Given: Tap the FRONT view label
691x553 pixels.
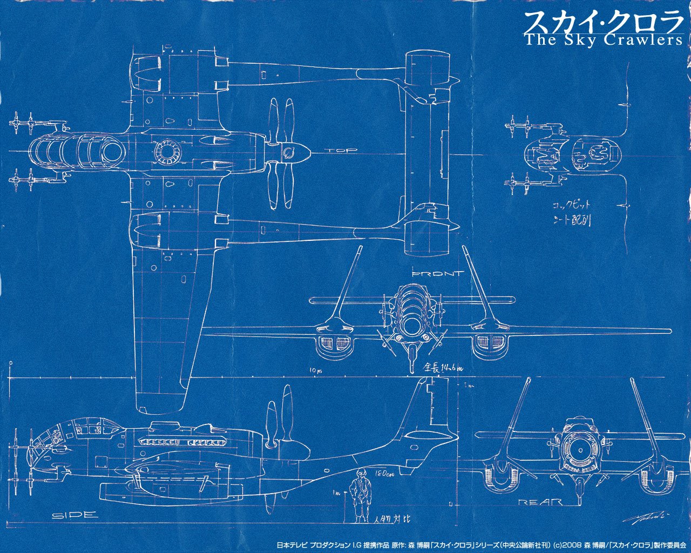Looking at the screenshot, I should coord(437,274).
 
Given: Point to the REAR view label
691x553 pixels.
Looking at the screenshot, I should coord(539,502).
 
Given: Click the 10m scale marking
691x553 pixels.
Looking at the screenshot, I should coord(316,370).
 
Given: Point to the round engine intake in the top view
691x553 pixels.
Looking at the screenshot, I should coord(166,152).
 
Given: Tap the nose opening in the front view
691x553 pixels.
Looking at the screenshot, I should coord(412,324).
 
